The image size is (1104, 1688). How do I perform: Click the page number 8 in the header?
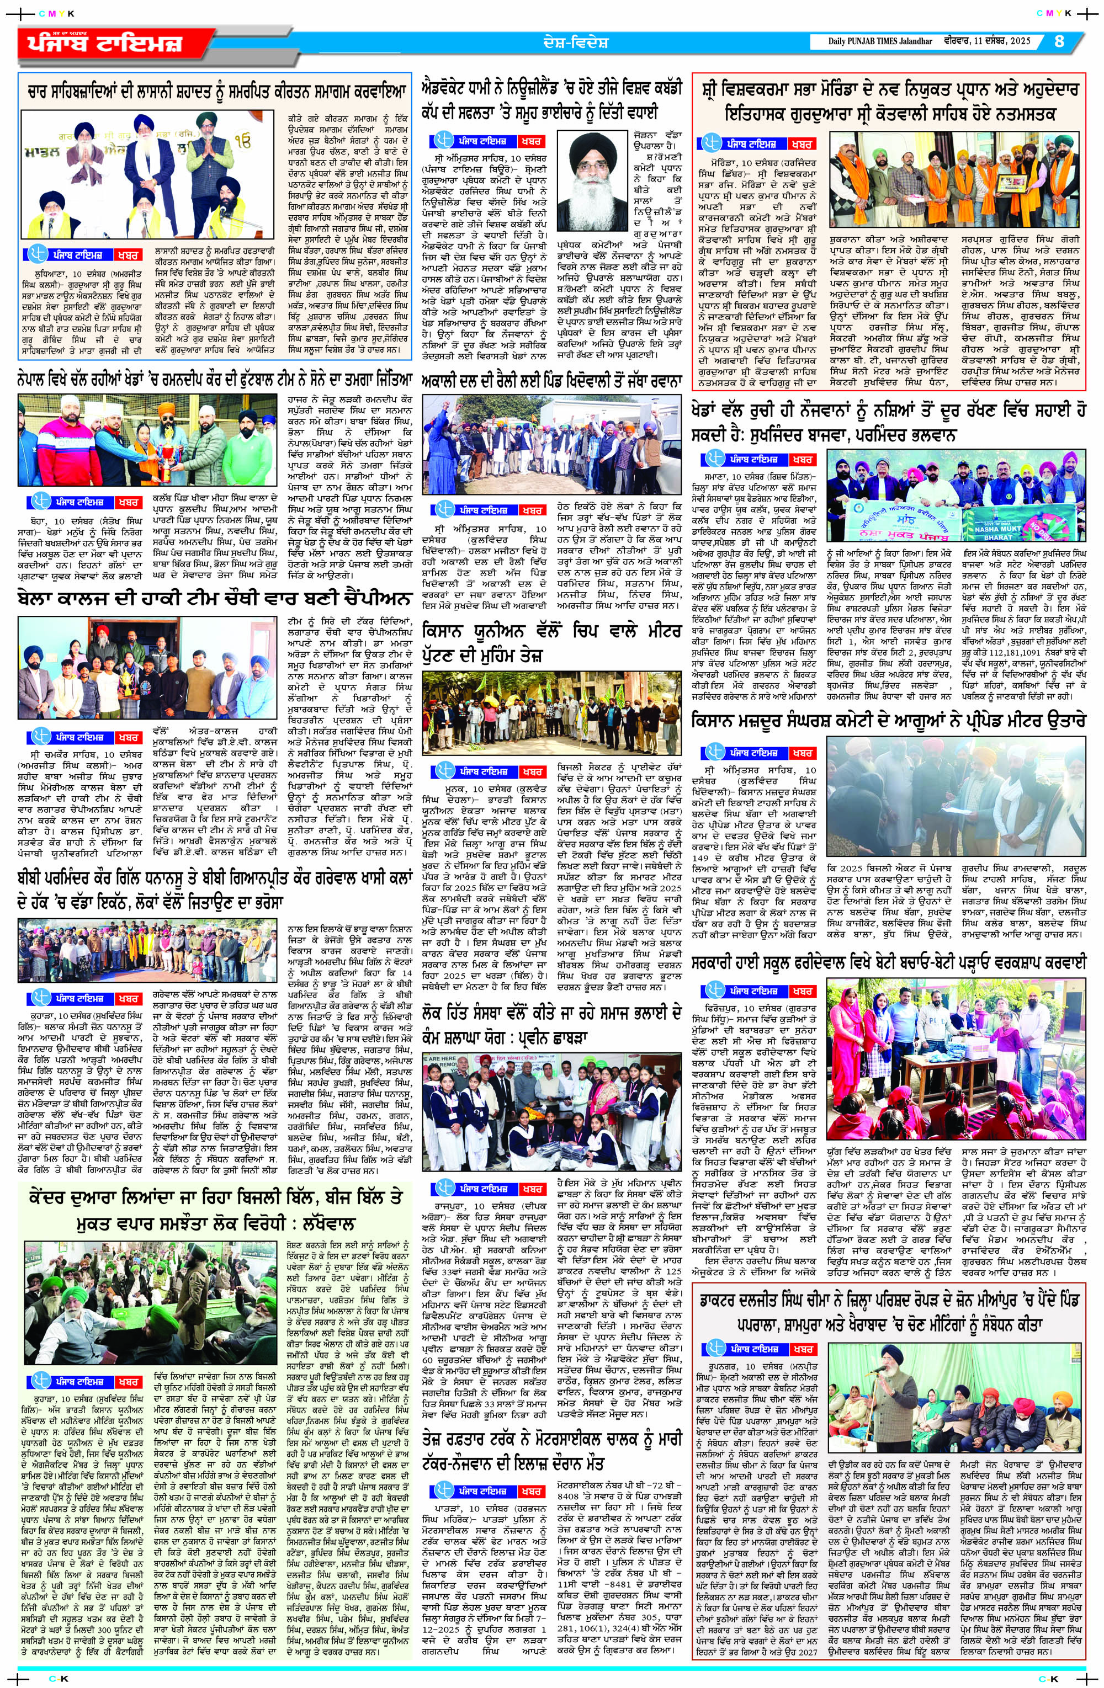1059,41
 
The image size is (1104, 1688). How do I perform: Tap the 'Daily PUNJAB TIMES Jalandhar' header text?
880,41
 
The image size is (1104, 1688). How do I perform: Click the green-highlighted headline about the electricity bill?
214,1211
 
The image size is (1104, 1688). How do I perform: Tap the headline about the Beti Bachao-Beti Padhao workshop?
888,962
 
